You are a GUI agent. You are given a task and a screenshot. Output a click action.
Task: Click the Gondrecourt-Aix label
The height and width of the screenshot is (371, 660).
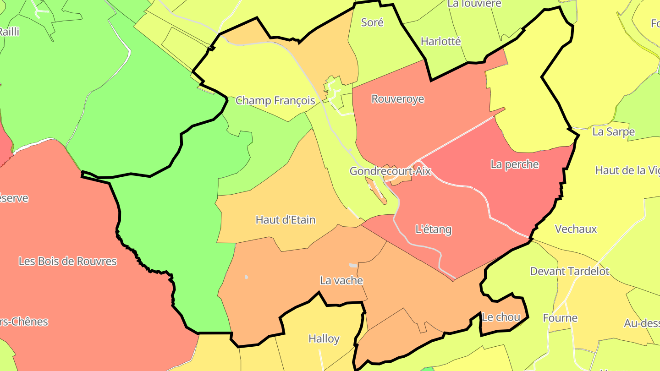[390, 171]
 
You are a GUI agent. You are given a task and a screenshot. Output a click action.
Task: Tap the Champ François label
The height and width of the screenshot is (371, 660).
[275, 101]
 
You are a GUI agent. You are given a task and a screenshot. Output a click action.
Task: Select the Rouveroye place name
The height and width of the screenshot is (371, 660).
[397, 99]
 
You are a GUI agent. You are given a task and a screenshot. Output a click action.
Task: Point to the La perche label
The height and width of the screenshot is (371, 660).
[514, 164]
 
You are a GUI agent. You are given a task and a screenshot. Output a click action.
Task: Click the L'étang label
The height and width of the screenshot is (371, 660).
[433, 229]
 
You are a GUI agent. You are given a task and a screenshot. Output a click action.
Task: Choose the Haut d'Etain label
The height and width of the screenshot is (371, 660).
[285, 220]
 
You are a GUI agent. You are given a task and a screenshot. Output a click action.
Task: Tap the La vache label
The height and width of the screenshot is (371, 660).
[341, 280]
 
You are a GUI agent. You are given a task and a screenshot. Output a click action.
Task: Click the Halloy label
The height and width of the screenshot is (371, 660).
[324, 339]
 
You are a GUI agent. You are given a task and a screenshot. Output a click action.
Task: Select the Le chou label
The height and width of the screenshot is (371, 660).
[500, 317]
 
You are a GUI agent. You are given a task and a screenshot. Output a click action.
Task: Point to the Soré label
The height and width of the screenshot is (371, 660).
[372, 22]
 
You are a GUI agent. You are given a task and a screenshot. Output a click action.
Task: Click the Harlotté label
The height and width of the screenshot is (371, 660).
[440, 41]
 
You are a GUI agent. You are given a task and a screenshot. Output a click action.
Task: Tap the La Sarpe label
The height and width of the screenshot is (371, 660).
[613, 132]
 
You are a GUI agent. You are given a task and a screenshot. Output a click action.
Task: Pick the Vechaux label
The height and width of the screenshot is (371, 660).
[576, 229]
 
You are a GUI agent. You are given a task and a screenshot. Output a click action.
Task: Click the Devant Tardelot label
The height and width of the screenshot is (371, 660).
[569, 271]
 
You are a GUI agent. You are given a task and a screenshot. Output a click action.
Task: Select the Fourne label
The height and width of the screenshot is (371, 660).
[560, 318]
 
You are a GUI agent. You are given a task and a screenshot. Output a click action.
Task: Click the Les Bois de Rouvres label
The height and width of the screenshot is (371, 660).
[67, 261]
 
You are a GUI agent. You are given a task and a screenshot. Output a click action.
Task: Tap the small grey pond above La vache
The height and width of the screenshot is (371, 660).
[352, 265]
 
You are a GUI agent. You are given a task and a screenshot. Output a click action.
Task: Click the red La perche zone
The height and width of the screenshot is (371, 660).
[527, 192]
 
